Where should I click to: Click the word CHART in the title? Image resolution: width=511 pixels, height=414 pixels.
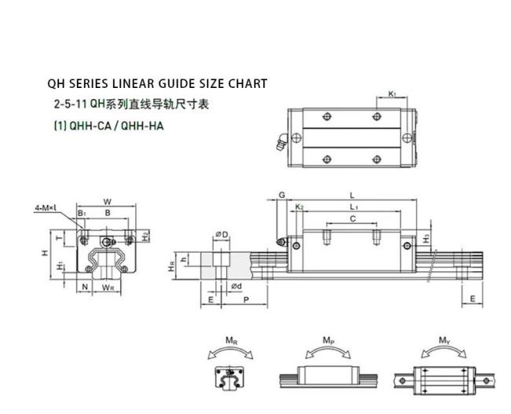tap(248, 84)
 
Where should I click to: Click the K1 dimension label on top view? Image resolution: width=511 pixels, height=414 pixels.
tap(392, 94)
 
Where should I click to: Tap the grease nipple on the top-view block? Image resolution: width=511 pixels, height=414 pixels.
tap(281, 142)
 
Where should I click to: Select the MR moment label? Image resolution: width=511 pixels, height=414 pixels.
tap(231, 341)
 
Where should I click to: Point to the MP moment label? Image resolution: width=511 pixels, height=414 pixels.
tap(329, 341)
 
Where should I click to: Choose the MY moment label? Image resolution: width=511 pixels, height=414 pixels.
tap(444, 341)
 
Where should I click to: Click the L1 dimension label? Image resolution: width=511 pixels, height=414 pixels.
tap(355, 207)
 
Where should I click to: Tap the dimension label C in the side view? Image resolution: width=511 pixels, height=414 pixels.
tap(353, 218)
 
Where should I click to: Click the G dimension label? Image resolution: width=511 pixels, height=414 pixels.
tap(282, 195)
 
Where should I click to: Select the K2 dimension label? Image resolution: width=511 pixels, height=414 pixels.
tap(300, 207)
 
